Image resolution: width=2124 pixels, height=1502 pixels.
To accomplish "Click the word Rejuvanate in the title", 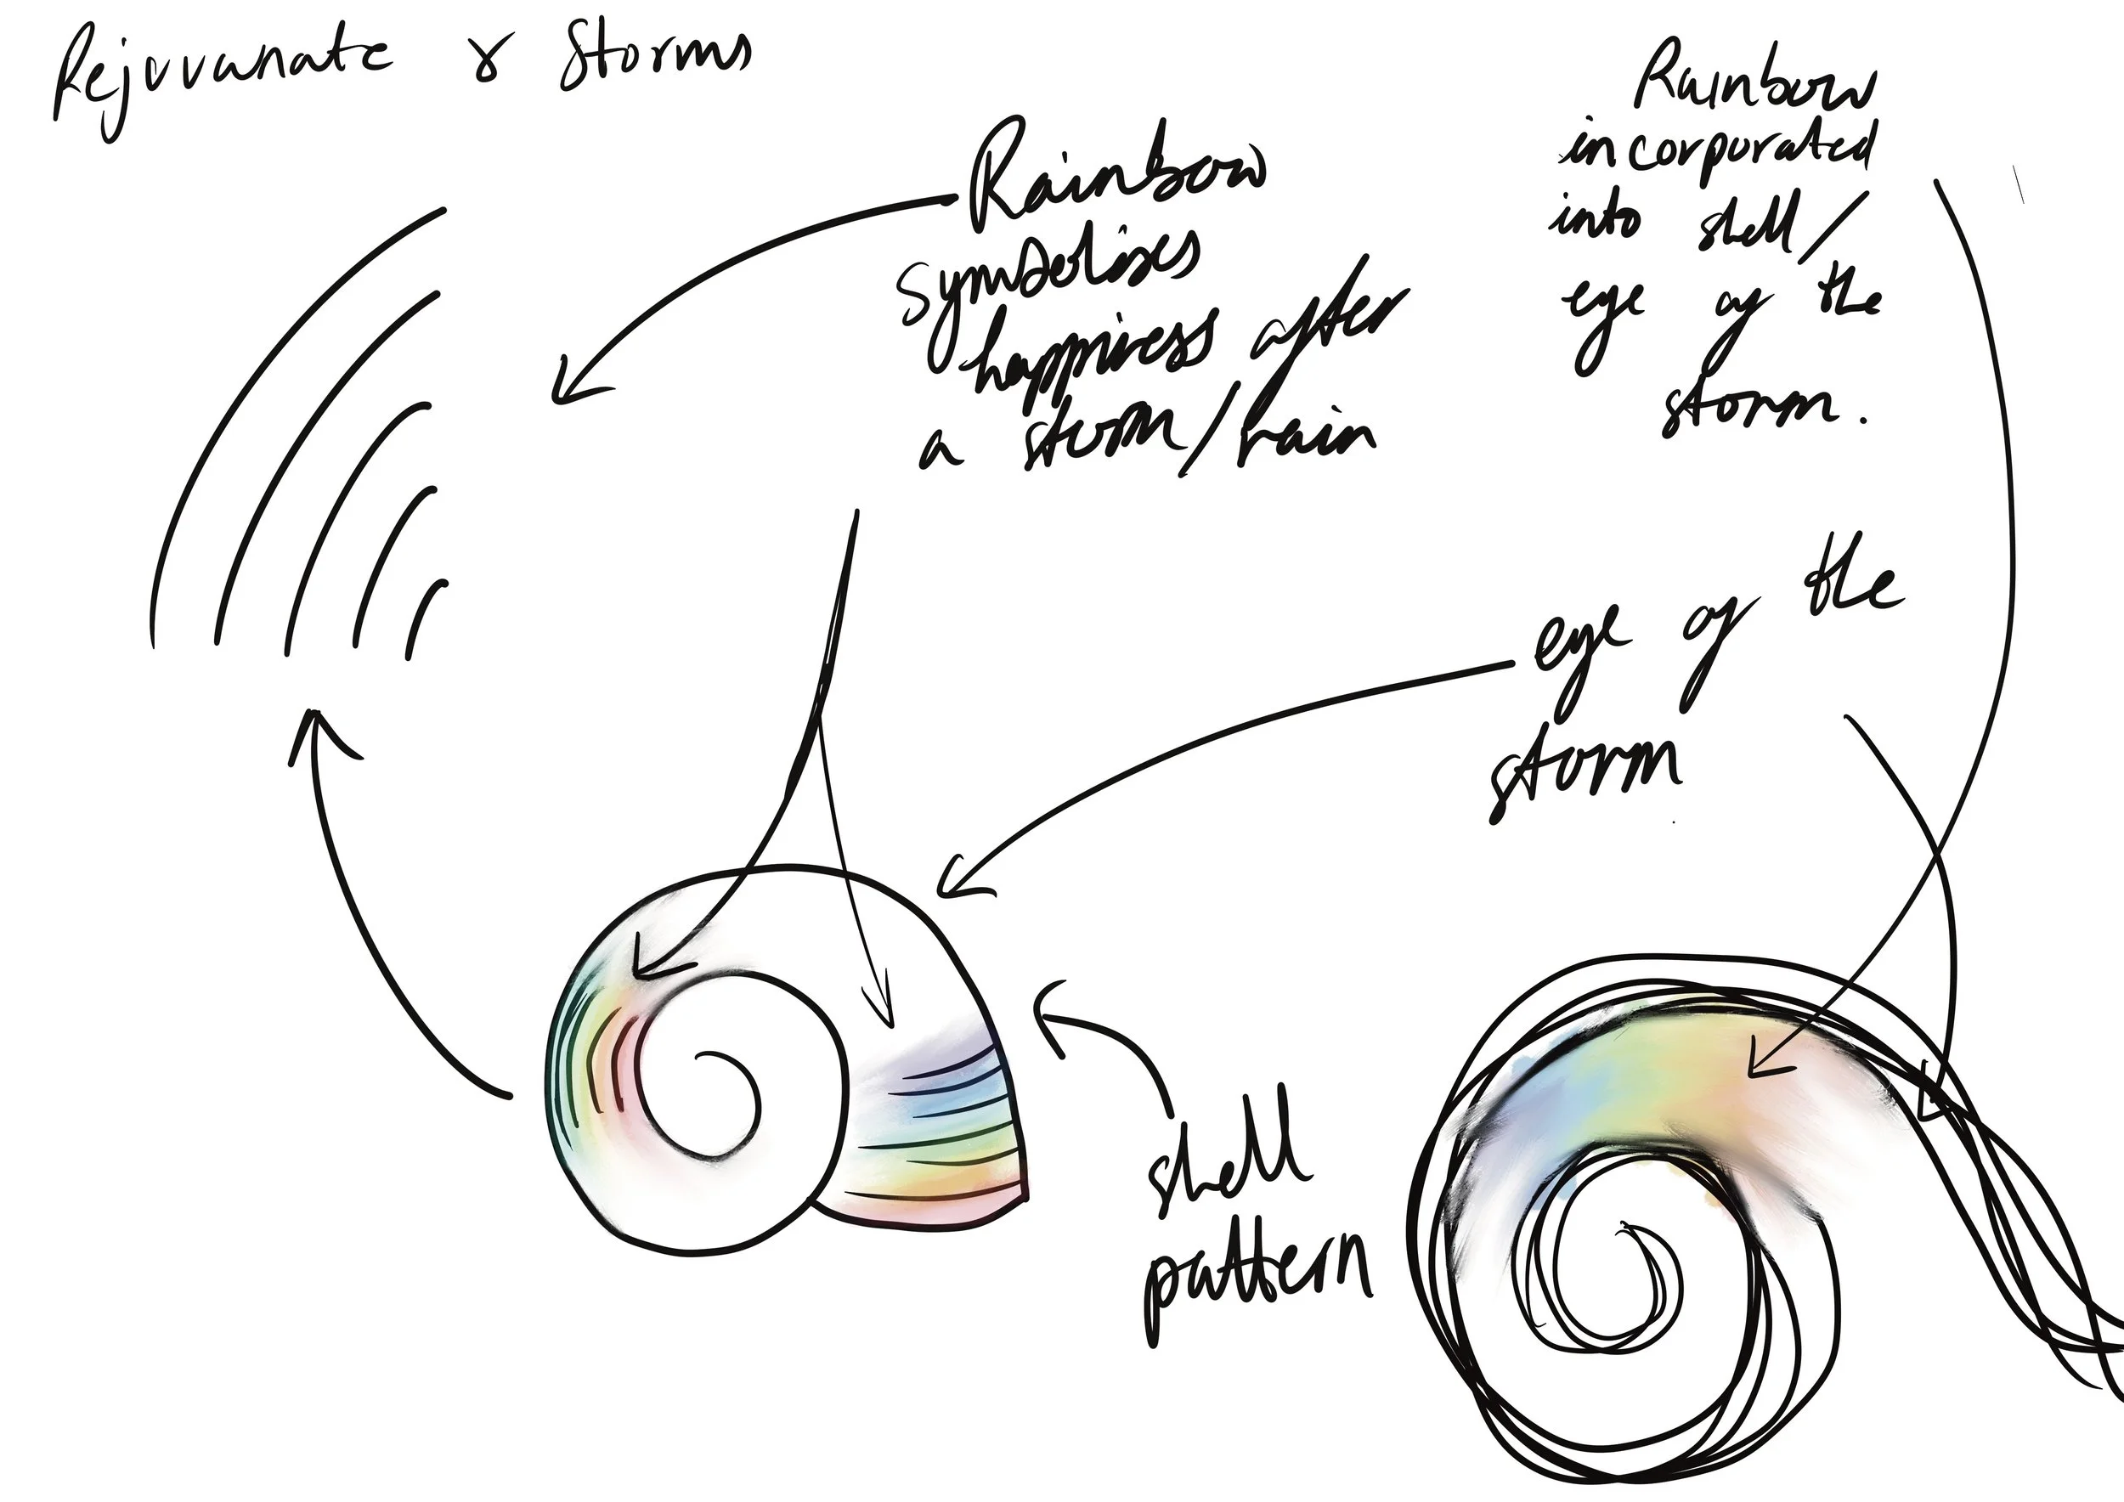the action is pos(222,79).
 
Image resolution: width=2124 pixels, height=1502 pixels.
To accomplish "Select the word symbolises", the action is pos(1050,278).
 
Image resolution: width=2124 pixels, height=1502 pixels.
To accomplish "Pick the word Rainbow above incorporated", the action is pos(1753,88).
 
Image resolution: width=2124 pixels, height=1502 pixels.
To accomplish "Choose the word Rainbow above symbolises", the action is pos(1115,180).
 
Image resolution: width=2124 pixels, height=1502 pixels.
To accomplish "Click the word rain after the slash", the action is pos(1295,435).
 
